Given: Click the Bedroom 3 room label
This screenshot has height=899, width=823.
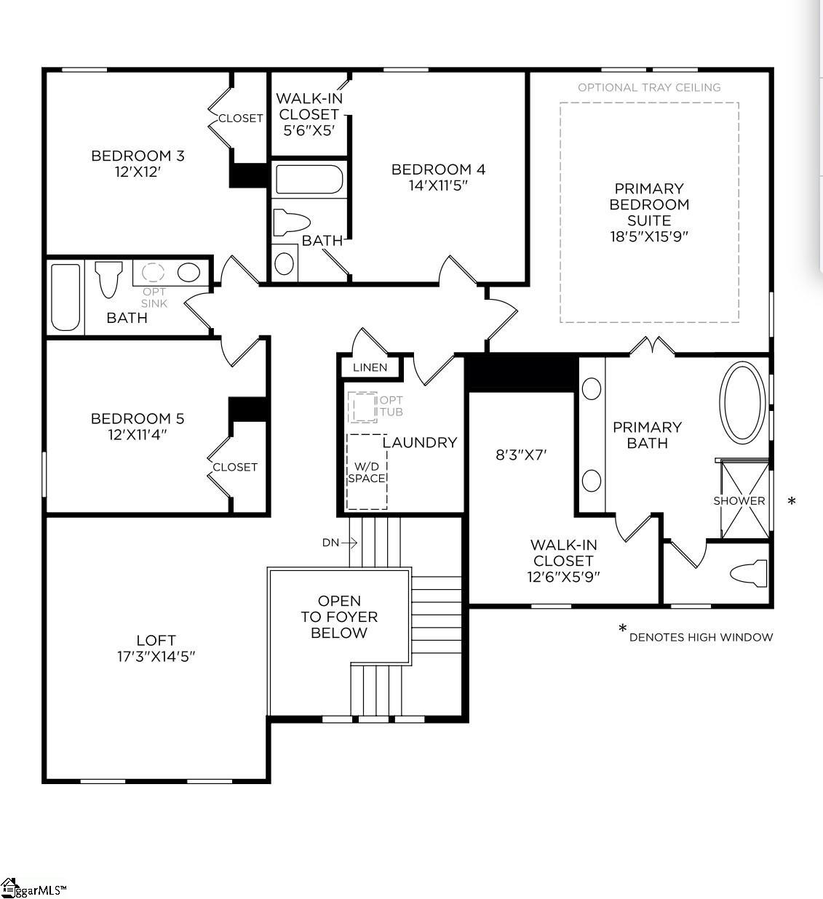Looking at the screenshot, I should [138, 156].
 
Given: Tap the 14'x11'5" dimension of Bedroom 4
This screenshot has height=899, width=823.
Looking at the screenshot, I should [437, 185].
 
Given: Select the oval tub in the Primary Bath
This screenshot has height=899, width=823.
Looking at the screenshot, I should [742, 402].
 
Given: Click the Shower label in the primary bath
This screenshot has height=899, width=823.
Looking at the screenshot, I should [739, 500].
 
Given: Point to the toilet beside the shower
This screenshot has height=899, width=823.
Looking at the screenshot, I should [749, 572].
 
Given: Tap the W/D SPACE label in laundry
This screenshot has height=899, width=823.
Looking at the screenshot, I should [366, 472].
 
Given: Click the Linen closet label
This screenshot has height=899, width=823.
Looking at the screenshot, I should [370, 367].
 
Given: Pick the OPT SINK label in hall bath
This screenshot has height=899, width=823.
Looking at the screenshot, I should [154, 297].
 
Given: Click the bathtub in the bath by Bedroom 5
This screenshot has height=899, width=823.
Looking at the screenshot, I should [65, 297].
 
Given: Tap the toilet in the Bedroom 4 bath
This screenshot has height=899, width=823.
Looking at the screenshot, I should [290, 222].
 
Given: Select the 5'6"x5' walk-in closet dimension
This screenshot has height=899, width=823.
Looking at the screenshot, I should [309, 131].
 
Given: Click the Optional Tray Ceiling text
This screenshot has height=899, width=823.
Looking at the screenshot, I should [649, 87].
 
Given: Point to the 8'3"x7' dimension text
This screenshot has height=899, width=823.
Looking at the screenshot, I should [521, 455].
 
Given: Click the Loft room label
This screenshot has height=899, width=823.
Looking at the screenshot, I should [156, 640].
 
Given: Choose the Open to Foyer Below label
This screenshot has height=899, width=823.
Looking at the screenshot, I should [339, 617].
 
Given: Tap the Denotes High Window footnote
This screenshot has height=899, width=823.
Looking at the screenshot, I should [700, 637].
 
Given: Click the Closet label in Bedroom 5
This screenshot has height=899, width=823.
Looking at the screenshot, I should [234, 467].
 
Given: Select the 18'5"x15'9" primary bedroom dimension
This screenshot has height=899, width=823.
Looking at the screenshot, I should [649, 236].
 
